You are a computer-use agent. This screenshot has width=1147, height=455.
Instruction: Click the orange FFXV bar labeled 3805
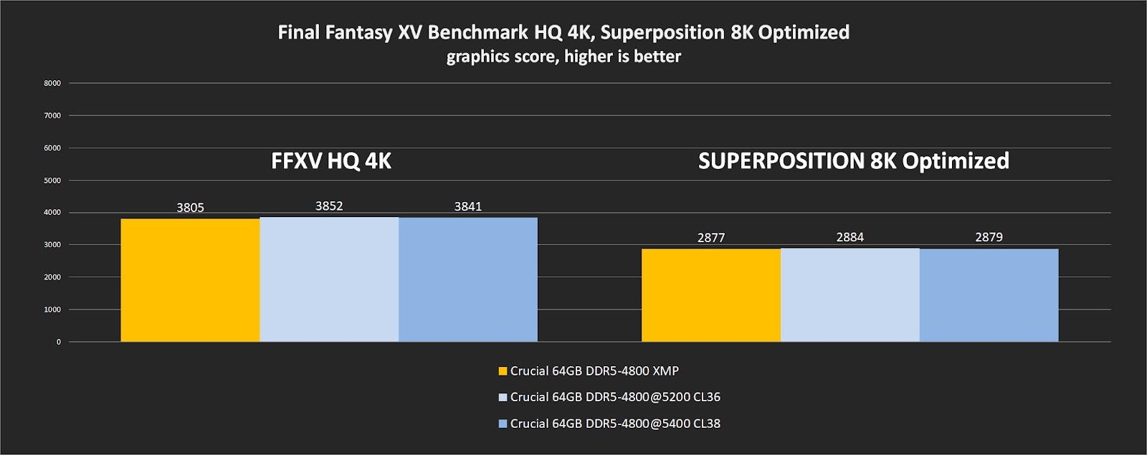pos(190,280)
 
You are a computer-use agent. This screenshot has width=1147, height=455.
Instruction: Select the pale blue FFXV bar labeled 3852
pos(329,279)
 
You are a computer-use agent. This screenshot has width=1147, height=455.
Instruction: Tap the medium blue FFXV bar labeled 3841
pos(468,279)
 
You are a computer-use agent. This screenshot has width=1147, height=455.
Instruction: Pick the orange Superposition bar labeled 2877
pos(710,295)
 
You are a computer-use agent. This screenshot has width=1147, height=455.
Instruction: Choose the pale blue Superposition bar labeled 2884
pos(849,295)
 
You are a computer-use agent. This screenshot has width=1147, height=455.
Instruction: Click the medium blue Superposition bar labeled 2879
pos(989,295)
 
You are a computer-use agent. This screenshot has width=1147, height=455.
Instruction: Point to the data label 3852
pos(329,206)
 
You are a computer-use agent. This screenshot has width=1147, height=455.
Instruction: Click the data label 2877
pos(710,238)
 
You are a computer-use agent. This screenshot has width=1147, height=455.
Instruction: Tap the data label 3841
pos(468,207)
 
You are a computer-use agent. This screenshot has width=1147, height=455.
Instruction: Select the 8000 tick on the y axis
pos(52,83)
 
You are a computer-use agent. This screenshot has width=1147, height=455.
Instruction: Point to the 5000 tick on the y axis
pos(52,181)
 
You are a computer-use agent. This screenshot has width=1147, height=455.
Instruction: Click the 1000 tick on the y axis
pos(52,310)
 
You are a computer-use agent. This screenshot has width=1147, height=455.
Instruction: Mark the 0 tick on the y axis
pos(58,342)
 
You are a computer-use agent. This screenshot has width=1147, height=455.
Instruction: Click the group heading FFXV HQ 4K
pos(330,161)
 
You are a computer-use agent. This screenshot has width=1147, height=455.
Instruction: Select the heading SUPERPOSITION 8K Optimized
pos(853,161)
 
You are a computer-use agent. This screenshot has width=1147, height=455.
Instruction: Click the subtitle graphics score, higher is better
pos(563,57)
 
